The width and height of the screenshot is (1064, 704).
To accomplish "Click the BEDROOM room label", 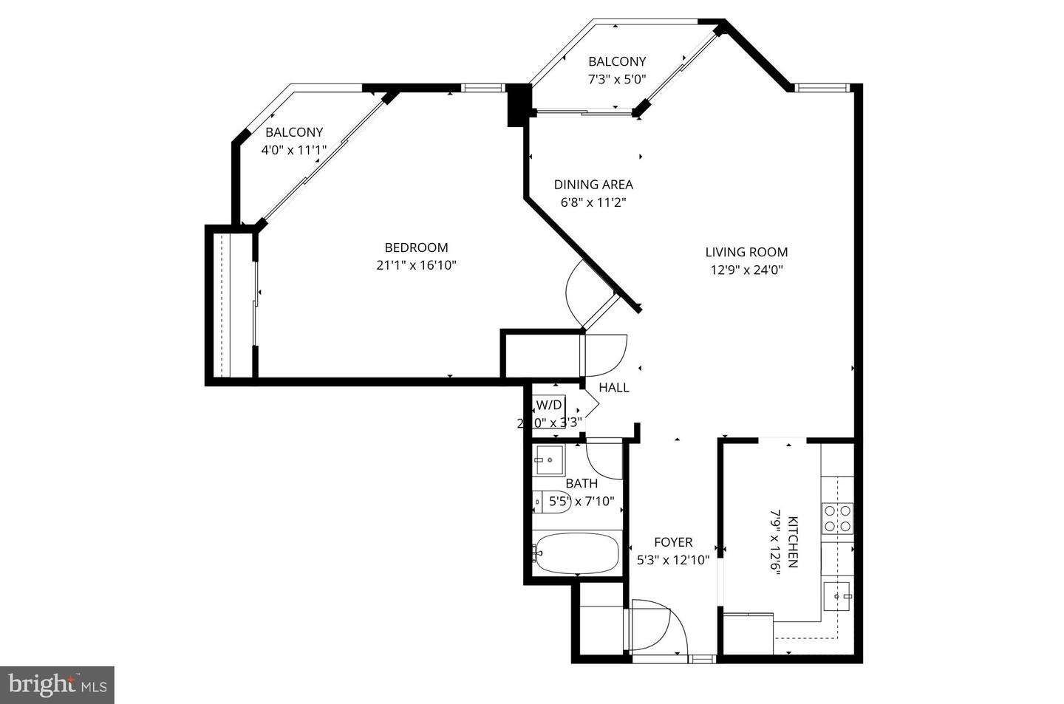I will pyautogui.click(x=416, y=247).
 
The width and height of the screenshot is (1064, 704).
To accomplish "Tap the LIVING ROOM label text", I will pyautogui.click(x=746, y=252).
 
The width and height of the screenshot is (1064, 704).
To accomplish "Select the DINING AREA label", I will pyautogui.click(x=593, y=185).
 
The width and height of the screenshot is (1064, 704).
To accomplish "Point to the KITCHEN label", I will pyautogui.click(x=793, y=541).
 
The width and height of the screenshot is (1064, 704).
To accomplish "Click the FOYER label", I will pyautogui.click(x=673, y=542).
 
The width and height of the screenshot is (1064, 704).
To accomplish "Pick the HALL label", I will pyautogui.click(x=614, y=387).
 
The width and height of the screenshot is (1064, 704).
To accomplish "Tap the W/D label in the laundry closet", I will pyautogui.click(x=549, y=405).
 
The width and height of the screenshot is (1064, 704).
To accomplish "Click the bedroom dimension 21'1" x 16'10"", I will pyautogui.click(x=416, y=265).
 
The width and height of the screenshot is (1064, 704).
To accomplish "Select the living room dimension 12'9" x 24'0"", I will pyautogui.click(x=746, y=270).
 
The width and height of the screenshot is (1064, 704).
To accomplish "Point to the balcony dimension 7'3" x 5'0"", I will pyautogui.click(x=617, y=79).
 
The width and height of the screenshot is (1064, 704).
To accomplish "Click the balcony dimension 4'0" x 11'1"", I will pyautogui.click(x=294, y=150).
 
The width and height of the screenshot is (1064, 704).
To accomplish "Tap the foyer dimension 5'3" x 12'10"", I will pyautogui.click(x=673, y=560).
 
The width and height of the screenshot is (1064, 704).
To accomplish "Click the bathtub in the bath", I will pyautogui.click(x=576, y=553).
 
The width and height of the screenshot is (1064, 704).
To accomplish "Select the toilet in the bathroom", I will pyautogui.click(x=551, y=502).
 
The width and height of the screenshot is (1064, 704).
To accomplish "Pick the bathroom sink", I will pyautogui.click(x=548, y=459).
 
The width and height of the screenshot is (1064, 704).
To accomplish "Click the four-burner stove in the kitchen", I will pyautogui.click(x=838, y=518).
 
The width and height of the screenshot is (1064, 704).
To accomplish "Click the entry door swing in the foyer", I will pyautogui.click(x=658, y=624).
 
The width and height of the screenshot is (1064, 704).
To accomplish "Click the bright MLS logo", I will pyautogui.click(x=57, y=685).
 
